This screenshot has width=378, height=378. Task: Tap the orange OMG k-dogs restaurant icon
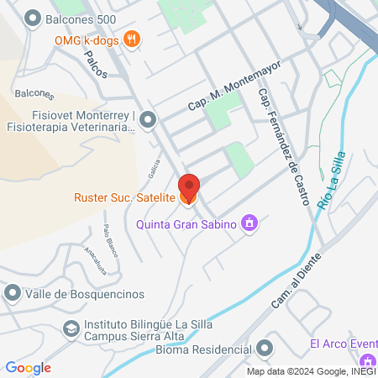pyautogui.click(x=131, y=38)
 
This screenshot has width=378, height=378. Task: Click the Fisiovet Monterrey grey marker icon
pyautogui.click(x=148, y=120)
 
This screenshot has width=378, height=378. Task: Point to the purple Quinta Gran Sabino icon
pyautogui.click(x=249, y=223)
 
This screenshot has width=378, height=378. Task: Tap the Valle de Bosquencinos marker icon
pyautogui.click(x=12, y=293)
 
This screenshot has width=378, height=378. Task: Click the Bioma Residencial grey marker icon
pyautogui.click(x=265, y=348)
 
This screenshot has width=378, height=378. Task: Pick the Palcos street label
pyautogui.click(x=96, y=63)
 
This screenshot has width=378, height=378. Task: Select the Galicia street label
pyautogui.click(x=155, y=170)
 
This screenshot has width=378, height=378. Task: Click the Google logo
pyautogui.click(x=29, y=367)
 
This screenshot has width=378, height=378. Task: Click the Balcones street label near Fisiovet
pyautogui.click(x=34, y=95)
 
